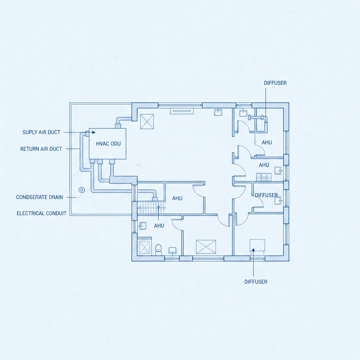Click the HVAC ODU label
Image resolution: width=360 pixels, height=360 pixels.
click(108, 144)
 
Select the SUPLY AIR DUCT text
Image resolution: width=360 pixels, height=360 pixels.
click(41, 132)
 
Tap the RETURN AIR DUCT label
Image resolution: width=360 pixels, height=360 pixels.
click(41, 149)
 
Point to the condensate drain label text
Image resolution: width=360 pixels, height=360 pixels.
click(39, 197)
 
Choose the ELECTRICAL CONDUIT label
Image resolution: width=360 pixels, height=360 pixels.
click(41, 213)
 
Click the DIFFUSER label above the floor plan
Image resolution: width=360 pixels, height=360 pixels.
click(275, 83)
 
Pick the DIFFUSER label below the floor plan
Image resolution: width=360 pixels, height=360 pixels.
click(256, 282)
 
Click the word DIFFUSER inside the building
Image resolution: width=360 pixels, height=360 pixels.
click(266, 195)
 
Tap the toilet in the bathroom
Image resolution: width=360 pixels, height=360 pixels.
click(159, 249)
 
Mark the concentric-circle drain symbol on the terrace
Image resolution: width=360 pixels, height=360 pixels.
click(82, 190)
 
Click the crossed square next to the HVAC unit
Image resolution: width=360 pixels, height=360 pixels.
click(147, 121)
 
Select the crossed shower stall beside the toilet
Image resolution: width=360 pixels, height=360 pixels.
click(144, 247)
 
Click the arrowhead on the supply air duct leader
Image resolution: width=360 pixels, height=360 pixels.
click(94, 133)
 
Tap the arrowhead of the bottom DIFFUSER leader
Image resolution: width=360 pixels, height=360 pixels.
click(253, 250)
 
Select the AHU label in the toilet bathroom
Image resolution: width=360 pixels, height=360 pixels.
click(159, 226)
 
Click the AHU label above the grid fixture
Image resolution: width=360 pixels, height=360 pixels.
click(264, 165)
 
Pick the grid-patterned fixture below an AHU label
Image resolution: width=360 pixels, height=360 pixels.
click(264, 177)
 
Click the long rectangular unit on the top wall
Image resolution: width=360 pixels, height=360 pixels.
click(182, 111)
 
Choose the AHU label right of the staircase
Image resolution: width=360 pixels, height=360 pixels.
click(177, 198)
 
